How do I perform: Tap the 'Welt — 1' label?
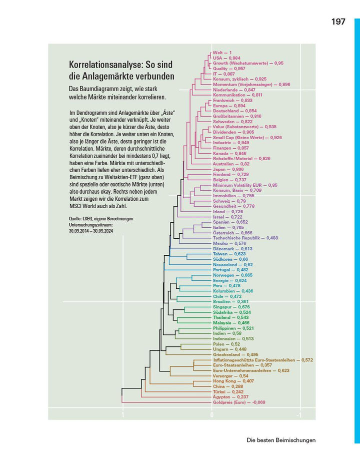coord(222,53)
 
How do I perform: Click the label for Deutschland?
coord(235,111)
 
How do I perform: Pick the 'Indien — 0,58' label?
coord(227,333)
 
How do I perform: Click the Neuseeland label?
coord(232,265)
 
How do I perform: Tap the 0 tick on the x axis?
coord(211,415)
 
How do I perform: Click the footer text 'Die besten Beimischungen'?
coord(281,440)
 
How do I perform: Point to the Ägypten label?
coord(230,397)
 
